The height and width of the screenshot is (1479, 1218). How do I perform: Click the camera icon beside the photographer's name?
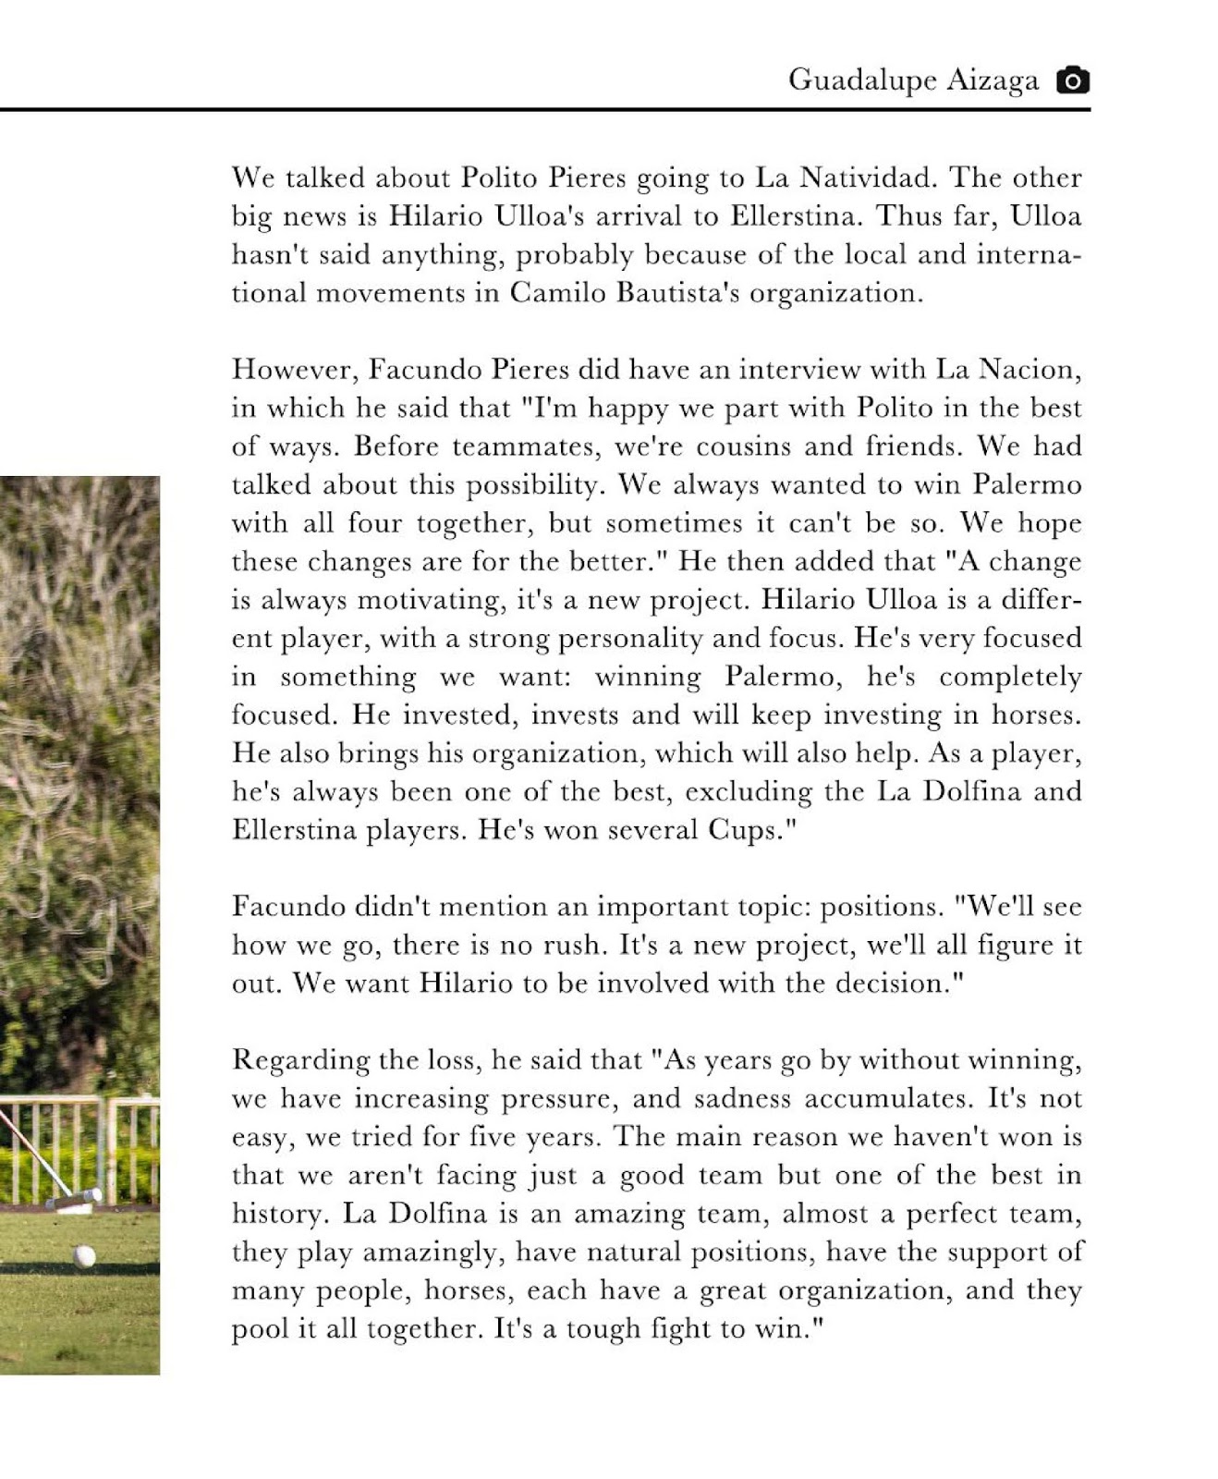click(1073, 81)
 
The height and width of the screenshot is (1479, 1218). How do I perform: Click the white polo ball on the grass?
click(84, 1255)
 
